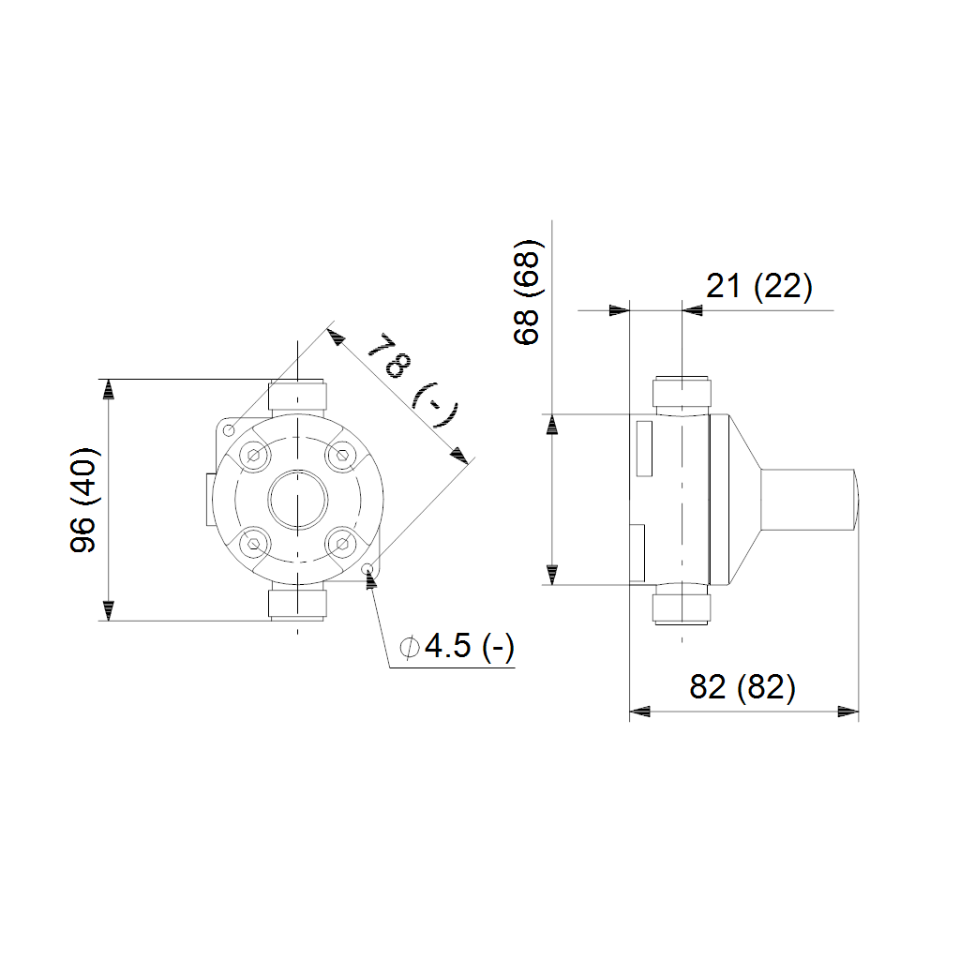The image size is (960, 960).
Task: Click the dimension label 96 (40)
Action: pyautogui.click(x=83, y=500)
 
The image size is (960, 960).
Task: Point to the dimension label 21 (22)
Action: pyautogui.click(x=759, y=286)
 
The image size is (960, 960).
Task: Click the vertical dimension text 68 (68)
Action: pyautogui.click(x=527, y=292)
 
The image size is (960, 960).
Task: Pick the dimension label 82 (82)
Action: pyautogui.click(x=742, y=687)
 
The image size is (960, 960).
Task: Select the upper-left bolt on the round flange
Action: pyautogui.click(x=253, y=456)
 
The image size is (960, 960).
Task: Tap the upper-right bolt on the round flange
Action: pyautogui.click(x=342, y=456)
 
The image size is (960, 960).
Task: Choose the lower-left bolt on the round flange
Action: pyautogui.click(x=253, y=544)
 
